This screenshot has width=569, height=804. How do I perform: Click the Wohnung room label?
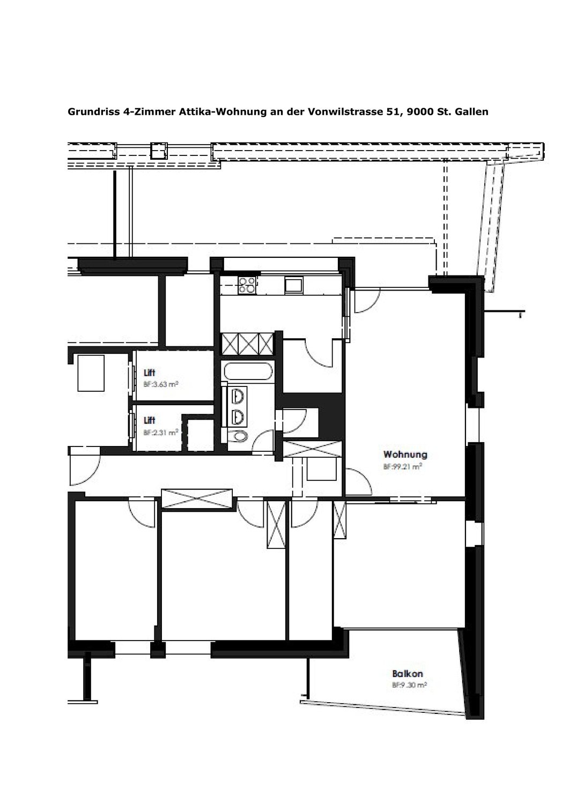point(405,455)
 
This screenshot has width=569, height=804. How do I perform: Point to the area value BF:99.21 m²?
point(402,467)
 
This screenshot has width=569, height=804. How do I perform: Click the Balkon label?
point(408,673)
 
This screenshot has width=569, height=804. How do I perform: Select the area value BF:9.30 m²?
point(409,685)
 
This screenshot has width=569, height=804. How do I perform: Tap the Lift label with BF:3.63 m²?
point(150,373)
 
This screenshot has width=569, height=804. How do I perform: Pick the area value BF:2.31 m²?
point(160,433)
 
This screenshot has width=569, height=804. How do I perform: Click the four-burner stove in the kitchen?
point(248,285)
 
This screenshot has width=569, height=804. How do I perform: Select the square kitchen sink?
point(294,286)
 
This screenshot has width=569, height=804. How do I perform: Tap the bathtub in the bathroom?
point(248,370)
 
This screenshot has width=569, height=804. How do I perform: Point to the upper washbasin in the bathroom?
point(238,396)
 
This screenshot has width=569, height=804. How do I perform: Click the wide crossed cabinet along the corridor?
point(197,498)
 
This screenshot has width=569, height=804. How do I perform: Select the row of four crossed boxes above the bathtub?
point(248,344)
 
